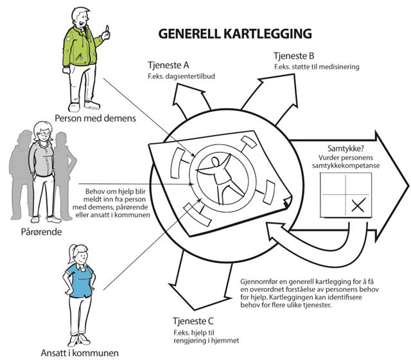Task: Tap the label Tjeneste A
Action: (x=168, y=66)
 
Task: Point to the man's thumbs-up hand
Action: (x=106, y=32)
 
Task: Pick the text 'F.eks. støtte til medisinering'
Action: (x=316, y=66)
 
